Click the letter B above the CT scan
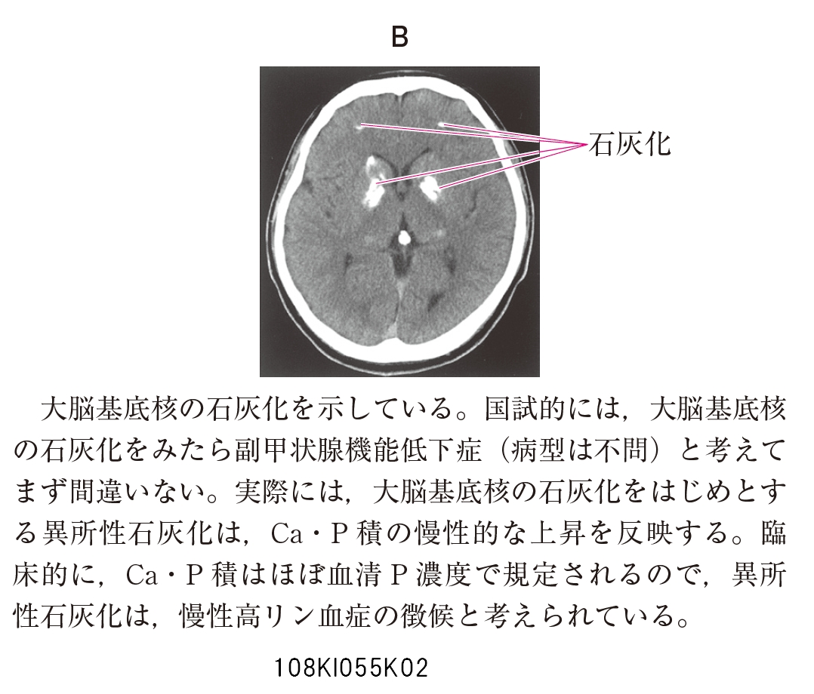click(399, 37)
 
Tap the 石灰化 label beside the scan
click(630, 144)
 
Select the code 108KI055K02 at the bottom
click(351, 668)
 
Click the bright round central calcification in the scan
click(403, 238)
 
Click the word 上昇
click(557, 533)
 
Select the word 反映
click(643, 533)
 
